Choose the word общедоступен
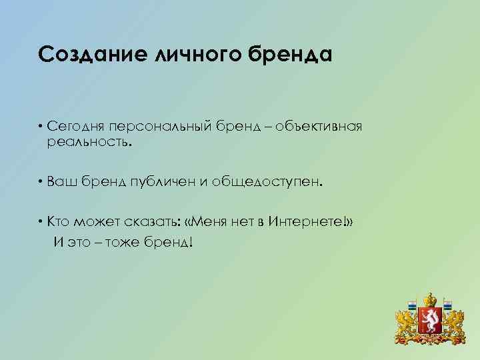click(x=267, y=183)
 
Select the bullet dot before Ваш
click(x=41, y=183)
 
